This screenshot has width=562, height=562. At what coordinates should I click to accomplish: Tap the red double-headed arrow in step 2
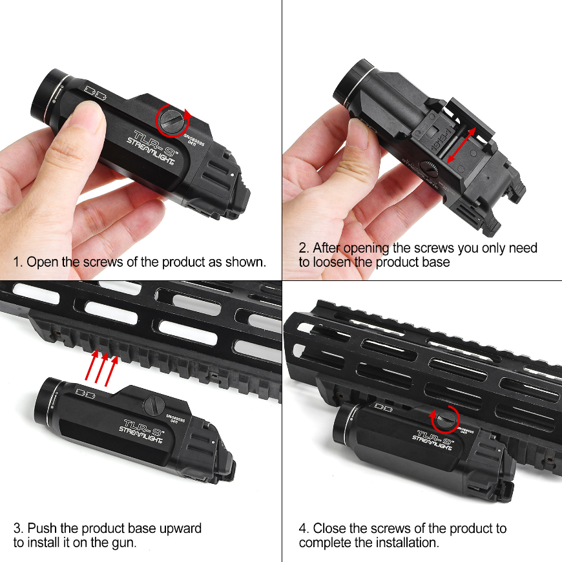[x=462, y=145]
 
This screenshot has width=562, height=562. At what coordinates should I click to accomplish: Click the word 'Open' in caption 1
[x=42, y=262]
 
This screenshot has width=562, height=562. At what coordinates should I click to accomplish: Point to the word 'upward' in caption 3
[x=180, y=528]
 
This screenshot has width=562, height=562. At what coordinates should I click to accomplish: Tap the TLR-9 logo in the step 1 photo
[x=153, y=141]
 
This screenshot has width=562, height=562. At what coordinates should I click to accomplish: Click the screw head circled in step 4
[x=446, y=419]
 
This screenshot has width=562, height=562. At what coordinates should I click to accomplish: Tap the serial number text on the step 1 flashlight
[x=194, y=139]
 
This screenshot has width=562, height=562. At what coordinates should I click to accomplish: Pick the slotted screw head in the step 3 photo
[x=154, y=405]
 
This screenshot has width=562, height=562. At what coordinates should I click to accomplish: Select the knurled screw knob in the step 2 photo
[x=429, y=169]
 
